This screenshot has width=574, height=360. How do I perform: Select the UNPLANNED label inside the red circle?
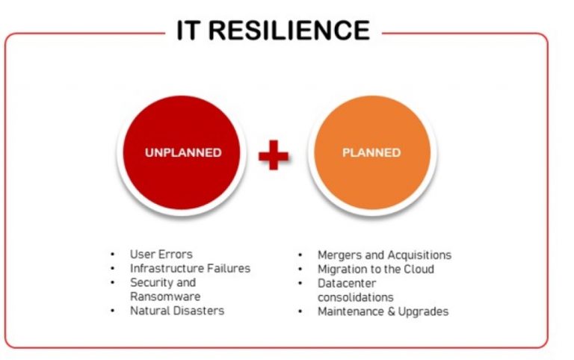(x=183, y=152)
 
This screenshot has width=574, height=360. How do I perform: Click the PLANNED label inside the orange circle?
(x=371, y=152)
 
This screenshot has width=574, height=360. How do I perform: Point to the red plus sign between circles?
(x=274, y=155)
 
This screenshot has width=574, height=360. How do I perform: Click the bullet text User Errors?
(x=161, y=254)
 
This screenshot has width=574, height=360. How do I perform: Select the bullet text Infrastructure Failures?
(x=190, y=268)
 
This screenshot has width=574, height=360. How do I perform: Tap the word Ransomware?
(x=161, y=297)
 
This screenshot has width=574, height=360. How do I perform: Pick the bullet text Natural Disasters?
(x=177, y=311)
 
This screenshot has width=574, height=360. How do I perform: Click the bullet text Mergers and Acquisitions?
(x=384, y=255)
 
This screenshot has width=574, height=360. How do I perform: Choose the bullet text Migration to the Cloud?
(x=375, y=269)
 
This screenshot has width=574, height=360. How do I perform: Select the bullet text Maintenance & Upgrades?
(x=383, y=311)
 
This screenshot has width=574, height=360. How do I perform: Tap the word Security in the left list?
(x=152, y=282)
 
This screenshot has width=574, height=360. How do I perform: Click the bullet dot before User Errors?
(x=112, y=255)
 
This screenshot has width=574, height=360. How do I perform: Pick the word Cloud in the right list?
(x=419, y=269)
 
